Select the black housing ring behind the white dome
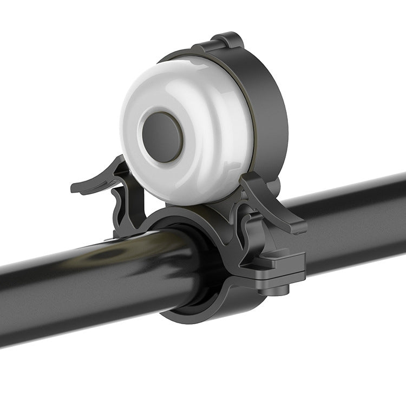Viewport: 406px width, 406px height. [x=268, y=108]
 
